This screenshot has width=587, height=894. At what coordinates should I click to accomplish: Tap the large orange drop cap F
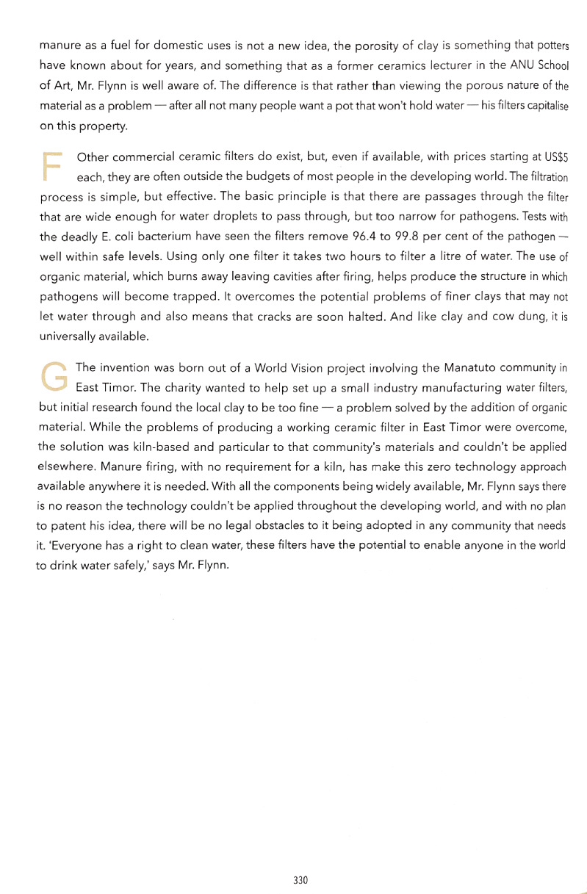tap(51, 166)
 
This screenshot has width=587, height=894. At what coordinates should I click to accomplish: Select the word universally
tap(66, 336)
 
